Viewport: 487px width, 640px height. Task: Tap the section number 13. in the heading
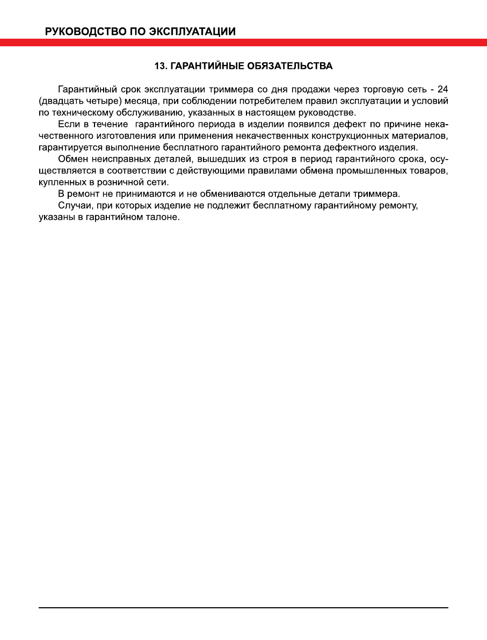point(161,66)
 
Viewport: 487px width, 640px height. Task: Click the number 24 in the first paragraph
point(443,89)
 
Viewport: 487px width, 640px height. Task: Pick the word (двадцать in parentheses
point(56,100)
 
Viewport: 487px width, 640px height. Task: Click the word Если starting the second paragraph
point(68,124)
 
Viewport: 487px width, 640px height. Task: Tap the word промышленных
point(377,171)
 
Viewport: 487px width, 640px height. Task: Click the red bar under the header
point(243,42)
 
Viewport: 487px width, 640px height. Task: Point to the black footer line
point(243,608)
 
